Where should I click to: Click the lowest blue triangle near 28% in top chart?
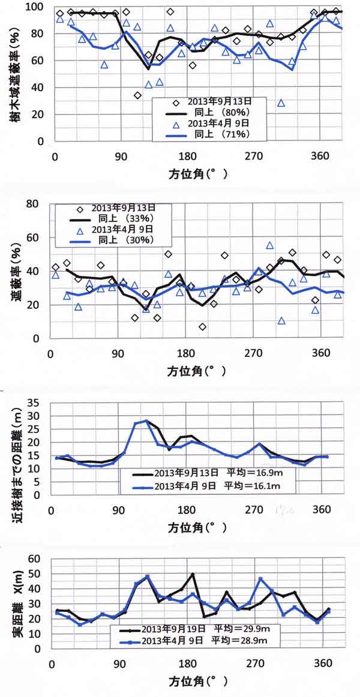[281, 103]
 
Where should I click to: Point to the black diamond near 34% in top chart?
[137, 95]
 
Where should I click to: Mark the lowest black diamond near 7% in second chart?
[203, 327]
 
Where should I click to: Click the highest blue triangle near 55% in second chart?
[270, 245]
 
